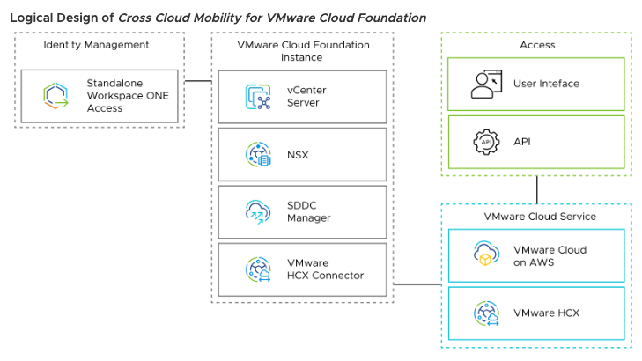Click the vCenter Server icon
pyautogui.click(x=258, y=97)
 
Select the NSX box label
pyautogui.click(x=299, y=155)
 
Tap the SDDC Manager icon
pyautogui.click(x=258, y=212)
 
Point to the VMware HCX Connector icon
pyautogui.click(x=258, y=269)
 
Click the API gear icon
pyautogui.click(x=486, y=141)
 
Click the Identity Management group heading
pyautogui.click(x=96, y=45)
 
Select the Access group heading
pyautogui.click(x=537, y=45)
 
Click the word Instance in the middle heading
pyautogui.click(x=301, y=57)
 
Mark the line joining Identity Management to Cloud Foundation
pyautogui.click(x=198, y=81)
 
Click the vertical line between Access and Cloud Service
pyautogui.click(x=536, y=189)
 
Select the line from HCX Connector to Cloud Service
pyautogui.click(x=417, y=284)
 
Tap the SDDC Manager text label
pyautogui.click(x=308, y=212)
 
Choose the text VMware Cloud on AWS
pyautogui.click(x=550, y=255)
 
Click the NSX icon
pyautogui.click(x=258, y=155)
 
